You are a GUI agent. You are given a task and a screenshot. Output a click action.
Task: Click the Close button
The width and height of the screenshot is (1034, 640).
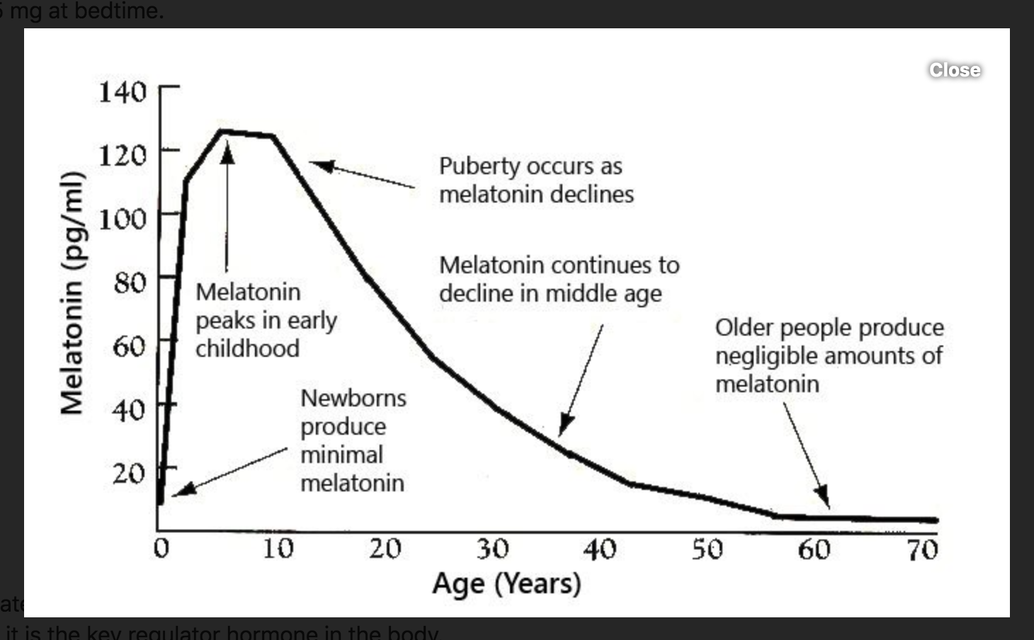955,69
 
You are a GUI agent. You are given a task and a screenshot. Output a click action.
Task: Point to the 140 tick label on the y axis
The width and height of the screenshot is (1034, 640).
123,91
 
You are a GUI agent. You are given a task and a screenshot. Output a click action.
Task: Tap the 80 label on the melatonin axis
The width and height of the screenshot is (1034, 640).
130,282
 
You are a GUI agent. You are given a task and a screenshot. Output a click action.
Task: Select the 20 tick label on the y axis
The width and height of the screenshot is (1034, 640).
129,473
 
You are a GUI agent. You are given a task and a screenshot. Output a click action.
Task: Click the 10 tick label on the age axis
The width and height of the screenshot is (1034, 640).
278,548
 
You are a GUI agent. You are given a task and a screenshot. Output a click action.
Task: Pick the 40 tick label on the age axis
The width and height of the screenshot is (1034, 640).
599,549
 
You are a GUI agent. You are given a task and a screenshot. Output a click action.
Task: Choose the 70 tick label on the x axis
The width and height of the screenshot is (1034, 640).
922,549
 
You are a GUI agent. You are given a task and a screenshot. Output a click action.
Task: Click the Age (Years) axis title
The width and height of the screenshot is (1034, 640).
506,584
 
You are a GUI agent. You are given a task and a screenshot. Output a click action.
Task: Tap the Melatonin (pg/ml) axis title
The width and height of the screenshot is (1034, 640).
72,292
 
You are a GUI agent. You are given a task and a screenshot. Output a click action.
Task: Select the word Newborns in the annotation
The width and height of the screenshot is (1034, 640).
353,398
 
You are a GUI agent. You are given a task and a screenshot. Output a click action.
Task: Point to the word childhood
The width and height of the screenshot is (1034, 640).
247,348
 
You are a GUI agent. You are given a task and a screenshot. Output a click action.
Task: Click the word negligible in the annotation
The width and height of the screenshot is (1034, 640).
767,355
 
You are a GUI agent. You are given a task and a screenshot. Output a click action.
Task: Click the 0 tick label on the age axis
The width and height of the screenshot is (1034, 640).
161,548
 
